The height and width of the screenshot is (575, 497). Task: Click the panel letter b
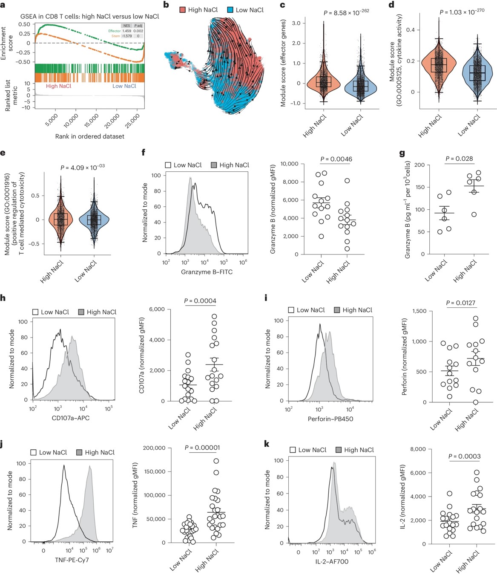point(166,6)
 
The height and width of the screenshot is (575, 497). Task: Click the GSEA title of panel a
point(89,16)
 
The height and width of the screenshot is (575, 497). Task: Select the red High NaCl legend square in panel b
point(183,10)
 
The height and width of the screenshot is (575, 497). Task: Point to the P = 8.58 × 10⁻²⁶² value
point(346,13)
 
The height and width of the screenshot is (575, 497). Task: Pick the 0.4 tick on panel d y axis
point(410,30)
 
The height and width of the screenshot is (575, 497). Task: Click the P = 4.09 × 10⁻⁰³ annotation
point(83,168)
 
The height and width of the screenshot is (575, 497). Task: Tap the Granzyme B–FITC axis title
point(207,272)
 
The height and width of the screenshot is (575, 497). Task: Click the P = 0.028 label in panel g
point(459,159)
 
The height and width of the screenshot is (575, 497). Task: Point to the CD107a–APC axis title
point(71,418)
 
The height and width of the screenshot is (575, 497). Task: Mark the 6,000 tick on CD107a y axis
point(157,309)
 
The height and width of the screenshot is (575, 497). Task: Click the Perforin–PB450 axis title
point(330,419)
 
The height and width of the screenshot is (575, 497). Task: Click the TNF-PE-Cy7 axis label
point(72,560)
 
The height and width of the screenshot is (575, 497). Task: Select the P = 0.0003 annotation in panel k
point(464,457)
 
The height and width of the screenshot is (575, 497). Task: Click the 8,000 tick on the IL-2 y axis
point(417,449)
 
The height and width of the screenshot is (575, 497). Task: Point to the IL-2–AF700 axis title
point(332,562)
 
